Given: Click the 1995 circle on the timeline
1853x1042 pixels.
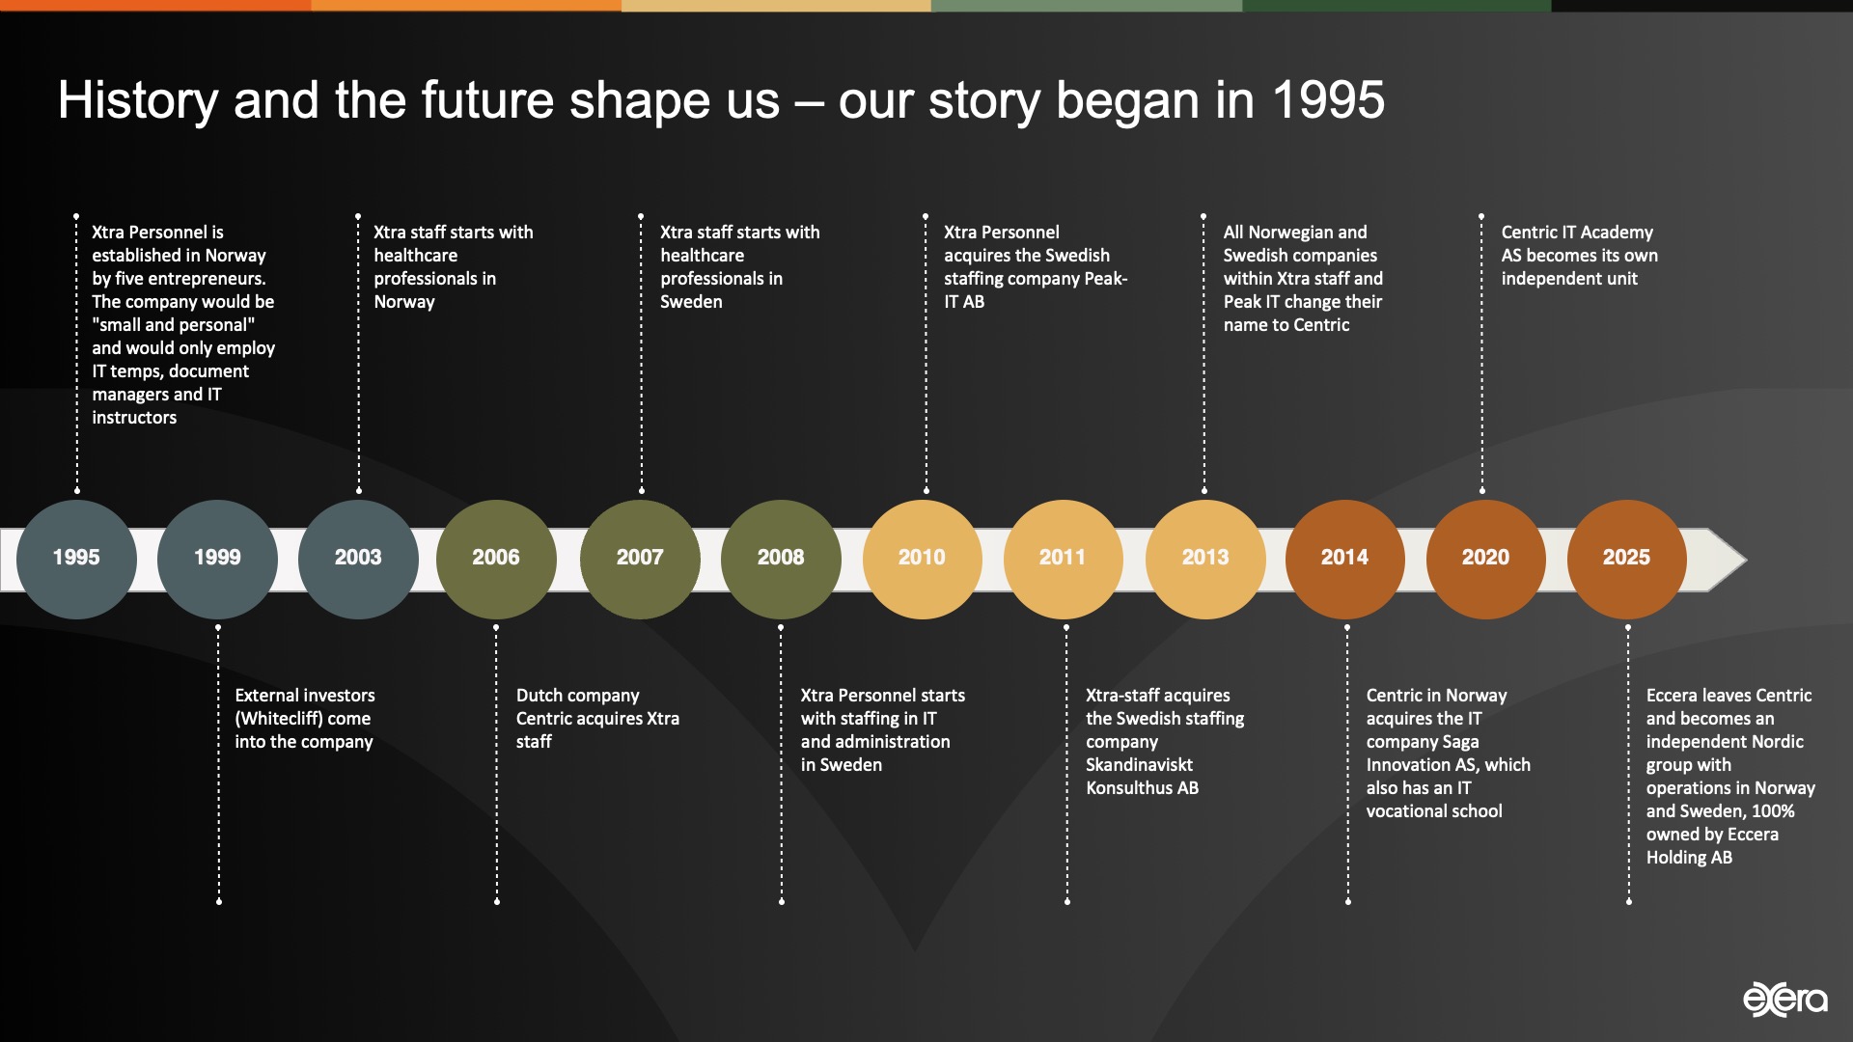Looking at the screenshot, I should [x=76, y=559].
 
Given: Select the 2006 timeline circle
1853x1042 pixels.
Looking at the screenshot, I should [x=496, y=559].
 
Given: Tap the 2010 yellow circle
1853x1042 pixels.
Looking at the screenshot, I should [x=922, y=559].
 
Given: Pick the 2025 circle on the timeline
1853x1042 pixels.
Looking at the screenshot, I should [x=1626, y=559].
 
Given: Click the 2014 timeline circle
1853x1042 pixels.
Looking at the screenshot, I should [x=1344, y=559].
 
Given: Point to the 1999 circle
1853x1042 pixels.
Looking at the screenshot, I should [x=217, y=559].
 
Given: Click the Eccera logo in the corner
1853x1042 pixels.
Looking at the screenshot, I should [x=1784, y=999].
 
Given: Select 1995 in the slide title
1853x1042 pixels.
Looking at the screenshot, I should [x=1328, y=100].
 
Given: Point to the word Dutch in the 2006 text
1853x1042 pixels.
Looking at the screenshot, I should [x=538, y=696].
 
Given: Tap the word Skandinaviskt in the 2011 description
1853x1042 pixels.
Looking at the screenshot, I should [x=1139, y=765].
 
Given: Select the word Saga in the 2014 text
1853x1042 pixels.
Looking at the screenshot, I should [x=1460, y=742].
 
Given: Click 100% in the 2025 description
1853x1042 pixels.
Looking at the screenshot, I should [x=1773, y=811].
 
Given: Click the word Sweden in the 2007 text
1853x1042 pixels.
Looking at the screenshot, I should [x=691, y=302].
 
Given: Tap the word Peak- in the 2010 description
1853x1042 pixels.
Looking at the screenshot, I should [x=1105, y=279].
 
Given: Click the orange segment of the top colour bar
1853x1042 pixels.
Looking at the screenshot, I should [x=154, y=6].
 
